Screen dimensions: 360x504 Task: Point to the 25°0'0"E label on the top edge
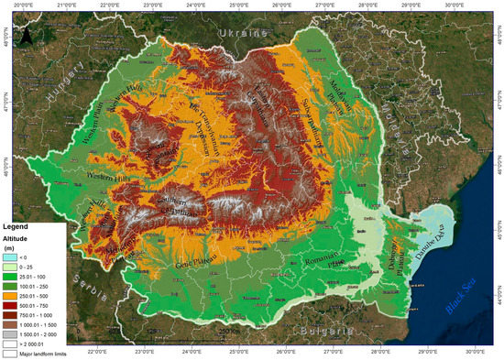pyautogui.click(x=239, y=5)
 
